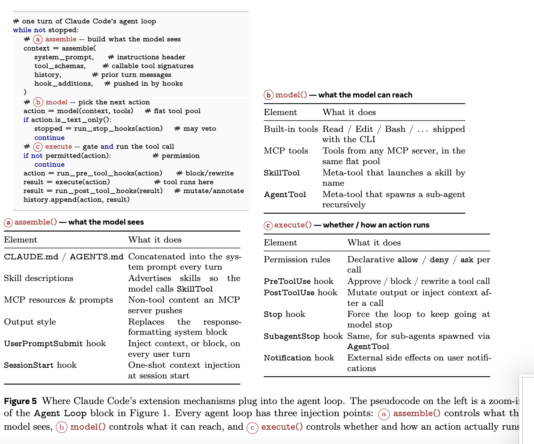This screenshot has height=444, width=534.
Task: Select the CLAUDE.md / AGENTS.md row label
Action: (x=63, y=257)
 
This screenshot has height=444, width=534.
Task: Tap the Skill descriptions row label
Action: (x=39, y=278)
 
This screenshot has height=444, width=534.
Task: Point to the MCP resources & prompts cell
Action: (x=58, y=300)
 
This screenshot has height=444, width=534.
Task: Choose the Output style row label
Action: (x=30, y=322)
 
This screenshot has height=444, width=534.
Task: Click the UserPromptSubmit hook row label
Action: (x=55, y=344)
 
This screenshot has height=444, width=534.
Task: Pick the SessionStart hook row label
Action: (x=40, y=365)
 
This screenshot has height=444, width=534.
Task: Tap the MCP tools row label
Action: (x=286, y=151)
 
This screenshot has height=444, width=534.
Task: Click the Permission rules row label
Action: (x=297, y=260)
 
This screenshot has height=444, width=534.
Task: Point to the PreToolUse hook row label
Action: (x=299, y=281)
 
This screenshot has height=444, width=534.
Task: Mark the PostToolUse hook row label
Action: (x=300, y=293)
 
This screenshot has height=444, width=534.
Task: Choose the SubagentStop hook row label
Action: (x=303, y=336)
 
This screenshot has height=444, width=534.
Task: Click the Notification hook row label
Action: (x=299, y=358)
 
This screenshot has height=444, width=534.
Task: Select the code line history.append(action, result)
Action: (x=76, y=200)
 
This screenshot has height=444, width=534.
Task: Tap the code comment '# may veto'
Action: (x=195, y=129)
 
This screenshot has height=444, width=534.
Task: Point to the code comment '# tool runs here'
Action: (x=184, y=182)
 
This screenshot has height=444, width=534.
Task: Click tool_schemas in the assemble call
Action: (x=60, y=66)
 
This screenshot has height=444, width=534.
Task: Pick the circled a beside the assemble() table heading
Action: (x=8, y=222)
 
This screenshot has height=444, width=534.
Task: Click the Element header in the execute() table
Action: (x=280, y=243)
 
